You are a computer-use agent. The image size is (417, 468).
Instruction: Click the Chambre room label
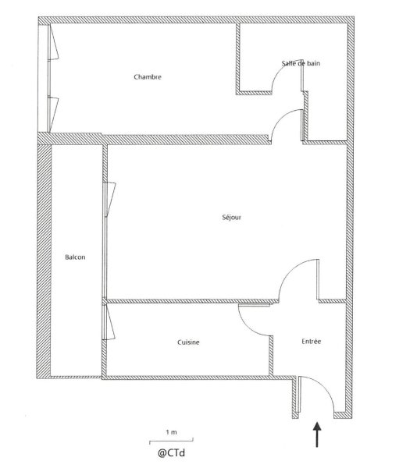[x=148, y=77]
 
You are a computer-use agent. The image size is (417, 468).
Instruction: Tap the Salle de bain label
[x=301, y=63]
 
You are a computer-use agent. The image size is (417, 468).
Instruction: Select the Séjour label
[x=231, y=218]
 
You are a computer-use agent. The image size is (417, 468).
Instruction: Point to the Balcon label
[x=75, y=257]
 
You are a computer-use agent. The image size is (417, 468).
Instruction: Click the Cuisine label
[x=188, y=342]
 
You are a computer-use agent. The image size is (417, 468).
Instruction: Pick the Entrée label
[x=312, y=341]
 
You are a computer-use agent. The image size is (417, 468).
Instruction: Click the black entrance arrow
[x=317, y=434]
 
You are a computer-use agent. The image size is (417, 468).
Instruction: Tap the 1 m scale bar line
[x=171, y=441]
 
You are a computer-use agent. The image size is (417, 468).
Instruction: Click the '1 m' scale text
[x=171, y=432]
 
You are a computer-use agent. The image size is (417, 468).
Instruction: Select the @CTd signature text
[x=171, y=452]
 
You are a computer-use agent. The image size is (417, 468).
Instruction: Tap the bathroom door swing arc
[x=280, y=69]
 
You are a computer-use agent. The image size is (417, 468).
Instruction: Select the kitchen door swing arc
[x=248, y=326]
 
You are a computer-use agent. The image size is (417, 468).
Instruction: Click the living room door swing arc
[x=289, y=270]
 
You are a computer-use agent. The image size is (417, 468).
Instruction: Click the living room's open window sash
[x=110, y=198]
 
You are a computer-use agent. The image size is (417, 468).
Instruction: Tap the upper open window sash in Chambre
[x=54, y=42]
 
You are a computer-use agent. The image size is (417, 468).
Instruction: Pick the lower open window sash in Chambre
[x=53, y=113]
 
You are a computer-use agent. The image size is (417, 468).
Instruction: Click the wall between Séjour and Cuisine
[x=191, y=301]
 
